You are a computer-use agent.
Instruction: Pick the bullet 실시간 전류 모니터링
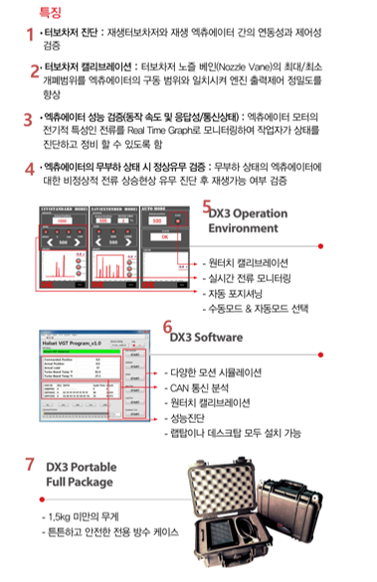253,277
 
